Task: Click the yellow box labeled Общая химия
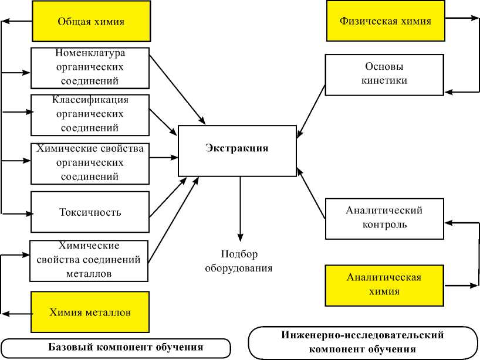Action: pyautogui.click(x=90, y=22)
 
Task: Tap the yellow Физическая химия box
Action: pyautogui.click(x=385, y=22)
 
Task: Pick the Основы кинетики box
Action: pyautogui.click(x=384, y=74)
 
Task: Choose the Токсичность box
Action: pyautogui.click(x=90, y=212)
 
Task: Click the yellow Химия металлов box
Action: pyautogui.click(x=90, y=313)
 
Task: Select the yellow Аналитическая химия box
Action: pyautogui.click(x=384, y=284)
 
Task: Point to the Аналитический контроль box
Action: pyautogui.click(x=384, y=218)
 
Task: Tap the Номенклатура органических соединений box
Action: pyautogui.click(x=90, y=67)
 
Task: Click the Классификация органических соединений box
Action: pyautogui.click(x=90, y=114)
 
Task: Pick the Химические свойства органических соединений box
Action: pyautogui.click(x=90, y=162)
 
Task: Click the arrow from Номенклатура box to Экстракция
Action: pyautogui.click(x=175, y=87)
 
